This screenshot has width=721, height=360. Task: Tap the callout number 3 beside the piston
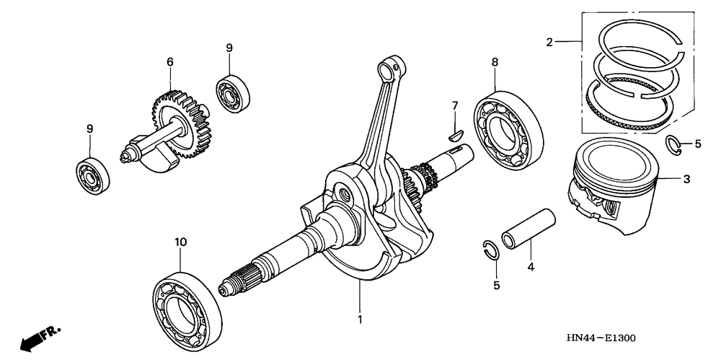coord(686,179)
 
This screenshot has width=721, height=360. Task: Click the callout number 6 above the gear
coord(170,62)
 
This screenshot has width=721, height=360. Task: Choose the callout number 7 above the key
coord(455,106)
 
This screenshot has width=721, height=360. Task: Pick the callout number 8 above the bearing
coord(495,63)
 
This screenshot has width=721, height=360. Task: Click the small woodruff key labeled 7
coord(454,132)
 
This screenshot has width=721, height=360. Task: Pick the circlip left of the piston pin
coord(490,249)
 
